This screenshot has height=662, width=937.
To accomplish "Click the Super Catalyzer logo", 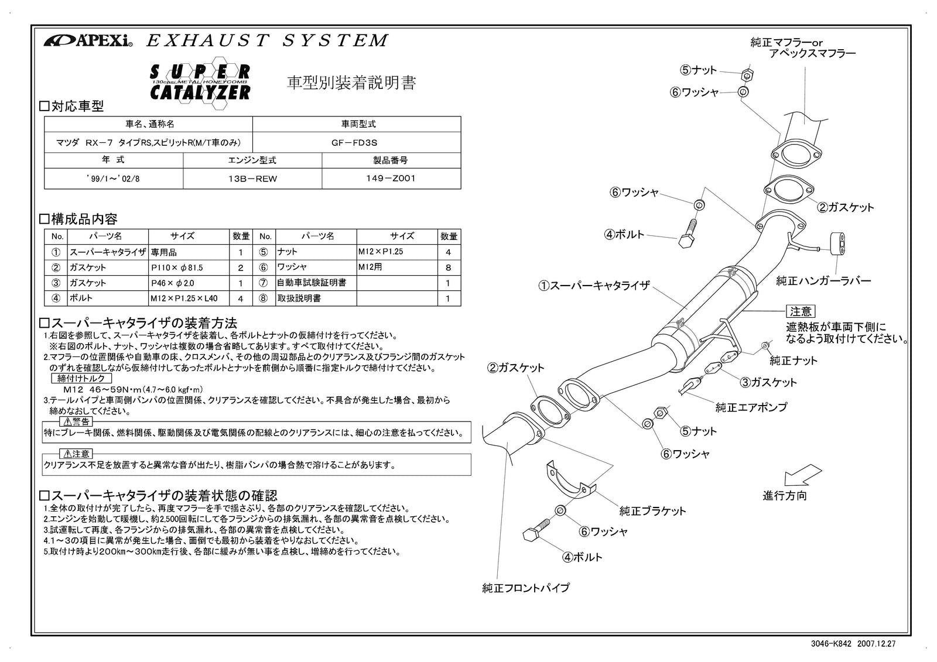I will click(200, 82).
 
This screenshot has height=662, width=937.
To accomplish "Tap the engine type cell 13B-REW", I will click(252, 179).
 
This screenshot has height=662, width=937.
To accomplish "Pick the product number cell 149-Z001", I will click(391, 179).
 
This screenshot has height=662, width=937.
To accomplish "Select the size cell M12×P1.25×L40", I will click(184, 298).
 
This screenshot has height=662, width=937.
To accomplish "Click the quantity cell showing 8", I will click(449, 267).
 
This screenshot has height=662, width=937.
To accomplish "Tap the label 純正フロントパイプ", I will click(525, 588).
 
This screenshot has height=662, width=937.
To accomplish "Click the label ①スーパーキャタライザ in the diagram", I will click(594, 286).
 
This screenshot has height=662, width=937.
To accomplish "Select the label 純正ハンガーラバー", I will click(823, 281).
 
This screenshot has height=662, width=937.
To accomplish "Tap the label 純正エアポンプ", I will click(751, 407).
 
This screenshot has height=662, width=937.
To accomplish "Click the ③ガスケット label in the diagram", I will click(768, 382).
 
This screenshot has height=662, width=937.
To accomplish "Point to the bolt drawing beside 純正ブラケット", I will click(535, 531).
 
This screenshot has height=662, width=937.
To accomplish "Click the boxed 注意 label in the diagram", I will click(800, 311).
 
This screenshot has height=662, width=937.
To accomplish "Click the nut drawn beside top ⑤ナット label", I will click(747, 74).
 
